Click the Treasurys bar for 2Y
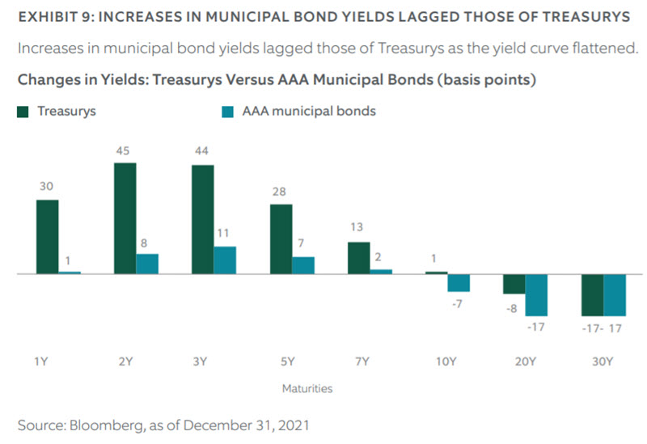coord(125,218)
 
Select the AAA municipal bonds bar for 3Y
coord(225,260)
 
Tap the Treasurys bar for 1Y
coord(48,236)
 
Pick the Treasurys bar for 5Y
coord(281,239)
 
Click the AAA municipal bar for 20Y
coord(536,294)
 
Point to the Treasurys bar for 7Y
coord(358,257)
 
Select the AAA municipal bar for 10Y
coord(459,281)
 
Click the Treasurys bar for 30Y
coord(593,294)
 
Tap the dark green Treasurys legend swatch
coord(23,112)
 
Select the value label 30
coord(47,186)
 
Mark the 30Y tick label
coord(603,362)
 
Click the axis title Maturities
coord(307,388)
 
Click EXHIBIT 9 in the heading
coord(53,18)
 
